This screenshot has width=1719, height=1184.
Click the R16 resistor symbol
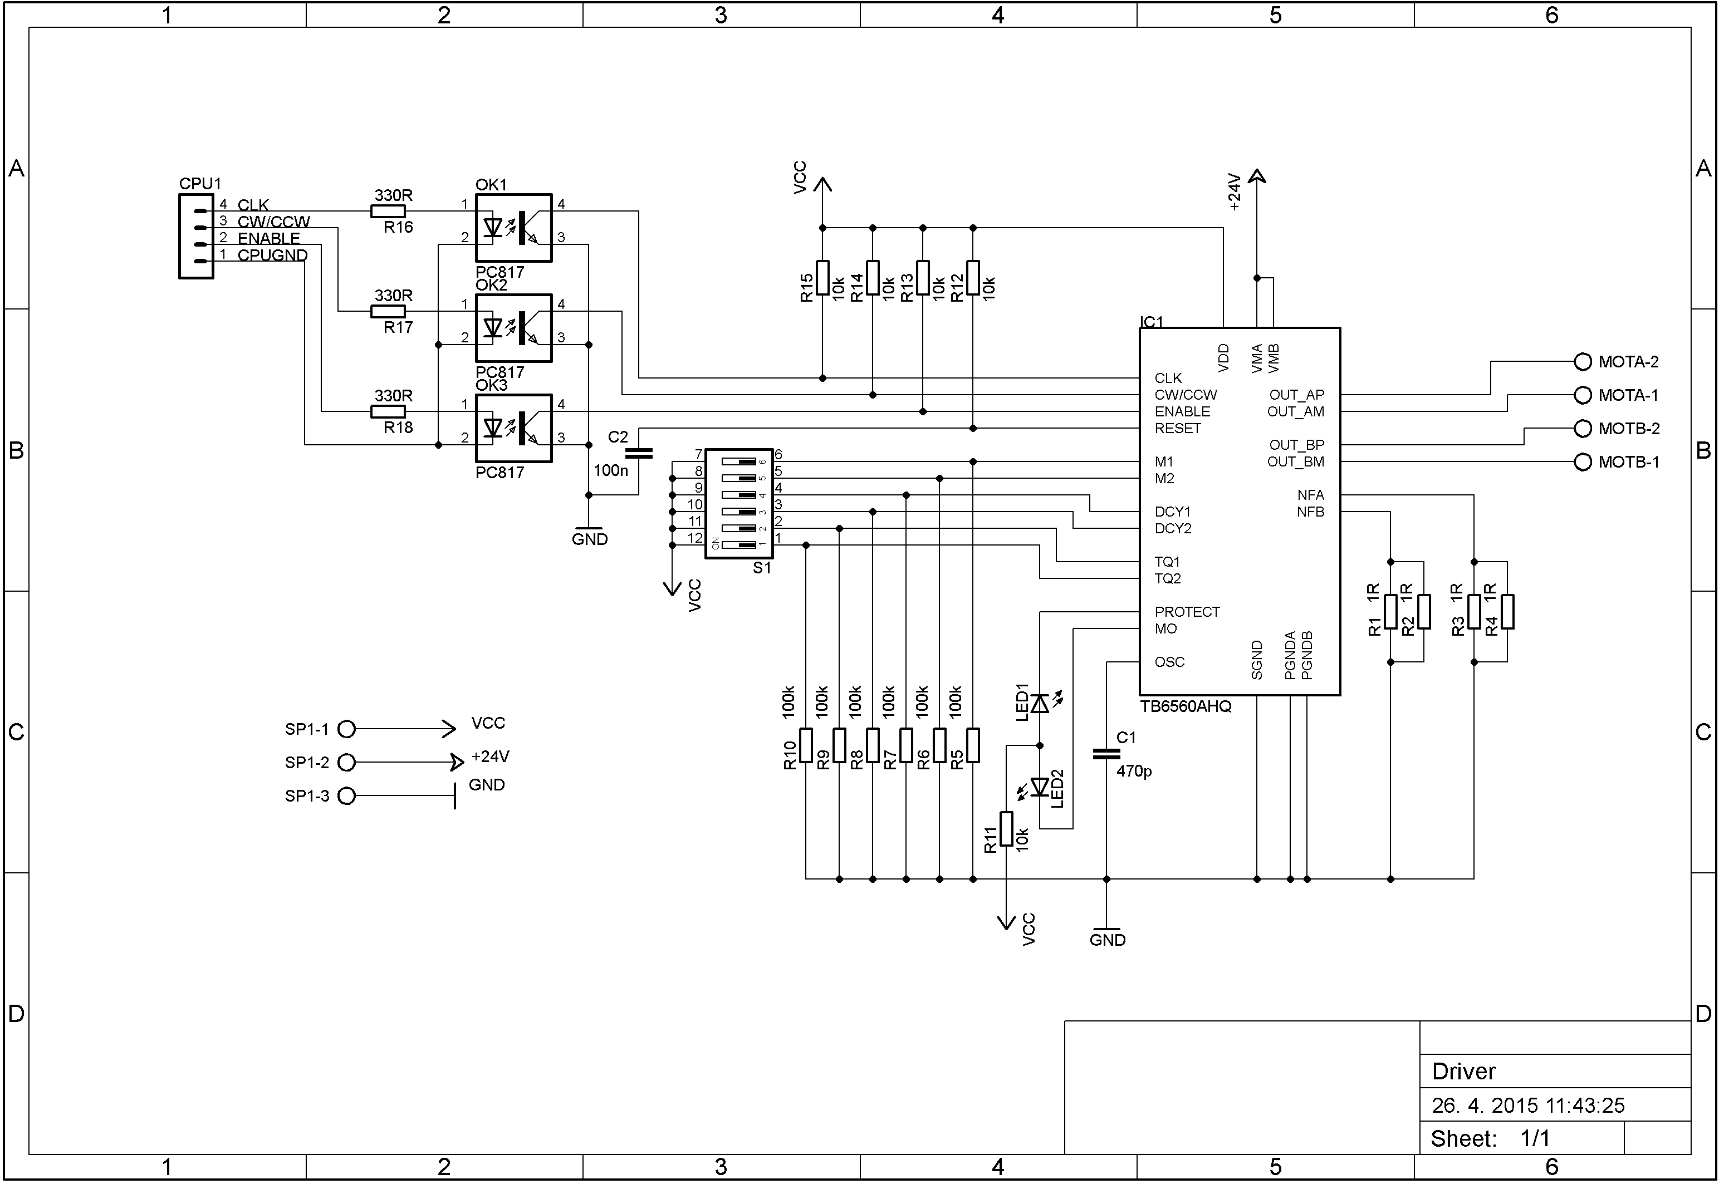[388, 212]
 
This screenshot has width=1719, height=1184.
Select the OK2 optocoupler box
[513, 328]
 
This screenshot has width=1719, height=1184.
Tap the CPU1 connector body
[196, 237]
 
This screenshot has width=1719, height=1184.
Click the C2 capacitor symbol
[639, 453]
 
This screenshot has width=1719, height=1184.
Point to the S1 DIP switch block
[739, 503]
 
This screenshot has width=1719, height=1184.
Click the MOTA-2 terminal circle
[1583, 362]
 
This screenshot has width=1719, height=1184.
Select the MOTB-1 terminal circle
[1583, 462]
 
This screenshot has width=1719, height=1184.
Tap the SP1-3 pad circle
[346, 796]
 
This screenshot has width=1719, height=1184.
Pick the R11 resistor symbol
[1006, 829]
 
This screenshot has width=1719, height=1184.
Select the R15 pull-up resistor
[822, 277]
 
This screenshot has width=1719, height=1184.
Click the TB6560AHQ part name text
[1186, 707]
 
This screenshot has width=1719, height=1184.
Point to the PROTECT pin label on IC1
[1187, 612]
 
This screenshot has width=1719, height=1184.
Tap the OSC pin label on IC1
[1169, 662]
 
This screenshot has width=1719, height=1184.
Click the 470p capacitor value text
[1134, 772]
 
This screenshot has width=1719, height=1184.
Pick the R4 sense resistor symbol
[1507, 612]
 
